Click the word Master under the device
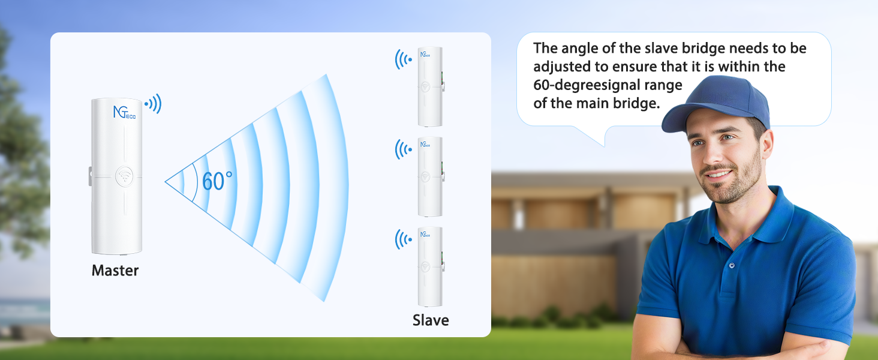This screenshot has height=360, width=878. tap(115, 271)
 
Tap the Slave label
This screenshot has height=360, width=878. tap(431, 320)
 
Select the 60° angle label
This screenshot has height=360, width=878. tap(217, 181)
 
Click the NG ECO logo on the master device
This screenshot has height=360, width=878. tap(125, 112)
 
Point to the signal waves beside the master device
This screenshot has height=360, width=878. tap(154, 104)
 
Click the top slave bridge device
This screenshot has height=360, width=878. tap(430, 86)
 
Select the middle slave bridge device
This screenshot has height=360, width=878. tap(430, 176)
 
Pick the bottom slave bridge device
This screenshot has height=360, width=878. tap(430, 266)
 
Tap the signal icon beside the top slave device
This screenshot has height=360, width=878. tap(403, 59)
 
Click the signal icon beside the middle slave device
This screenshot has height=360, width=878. tap(403, 149)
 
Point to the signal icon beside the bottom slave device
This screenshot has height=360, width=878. tap(403, 239)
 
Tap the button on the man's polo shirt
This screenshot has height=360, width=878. tap(731, 265)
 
